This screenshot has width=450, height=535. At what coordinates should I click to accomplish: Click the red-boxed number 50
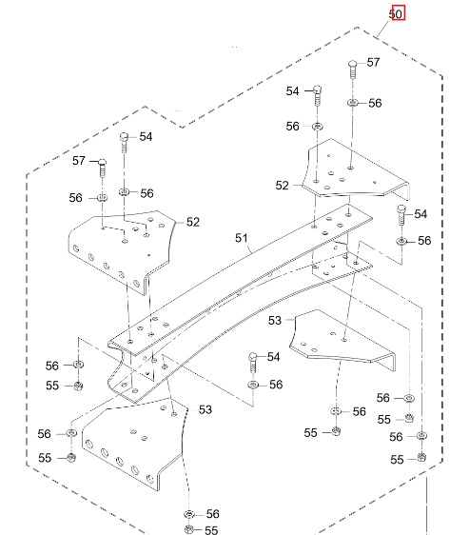pos(399,13)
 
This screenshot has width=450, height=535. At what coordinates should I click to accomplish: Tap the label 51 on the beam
pos(240,240)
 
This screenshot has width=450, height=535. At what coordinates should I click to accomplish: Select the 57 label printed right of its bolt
pos(373,63)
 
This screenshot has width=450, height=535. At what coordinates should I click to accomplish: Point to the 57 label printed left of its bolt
pos(80,162)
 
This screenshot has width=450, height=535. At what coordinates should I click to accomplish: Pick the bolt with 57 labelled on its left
pos(100,171)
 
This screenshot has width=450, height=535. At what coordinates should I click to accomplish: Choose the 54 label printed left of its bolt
pos(293,90)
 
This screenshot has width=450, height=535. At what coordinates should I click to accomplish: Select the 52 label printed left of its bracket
pos(282,186)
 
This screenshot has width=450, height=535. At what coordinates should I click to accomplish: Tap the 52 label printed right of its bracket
pos(193,222)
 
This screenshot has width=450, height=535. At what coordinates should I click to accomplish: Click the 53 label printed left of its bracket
pos(274,322)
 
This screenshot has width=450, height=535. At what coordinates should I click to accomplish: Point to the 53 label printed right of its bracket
pos(205,409)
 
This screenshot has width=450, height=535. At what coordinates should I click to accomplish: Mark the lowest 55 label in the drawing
pos(211,530)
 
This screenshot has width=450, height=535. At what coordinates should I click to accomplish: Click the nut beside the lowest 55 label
pos(189,528)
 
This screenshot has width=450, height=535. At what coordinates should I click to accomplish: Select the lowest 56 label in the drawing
pos(211,513)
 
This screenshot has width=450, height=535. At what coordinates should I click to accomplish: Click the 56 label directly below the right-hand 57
pos(374,103)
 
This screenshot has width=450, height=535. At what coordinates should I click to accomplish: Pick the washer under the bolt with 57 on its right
pos(352,102)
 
